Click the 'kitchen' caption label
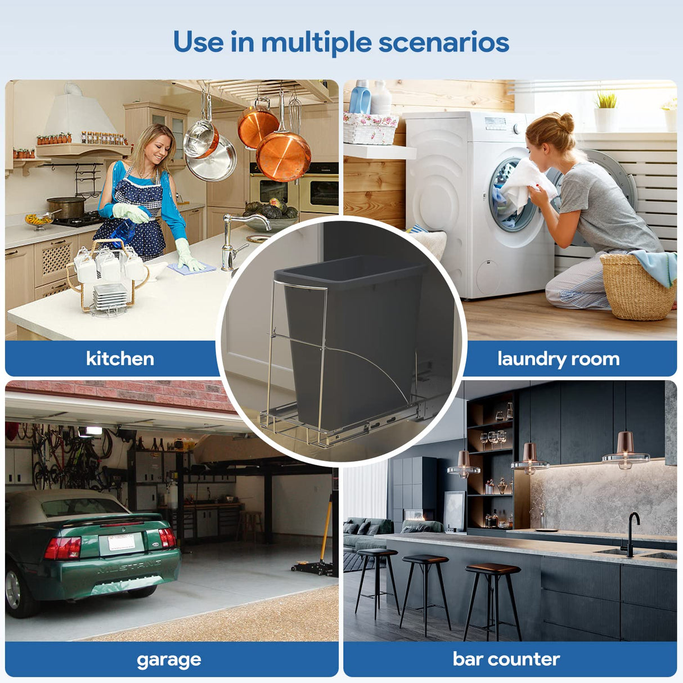click(120, 358)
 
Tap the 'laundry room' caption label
click(558, 358)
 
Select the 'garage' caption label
click(169, 659)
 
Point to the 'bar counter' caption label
click(506, 659)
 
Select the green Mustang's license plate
click(120, 542)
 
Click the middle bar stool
click(425, 591)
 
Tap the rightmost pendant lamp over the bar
click(626, 450)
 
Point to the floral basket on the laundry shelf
click(370, 128)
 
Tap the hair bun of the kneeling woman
click(565, 122)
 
